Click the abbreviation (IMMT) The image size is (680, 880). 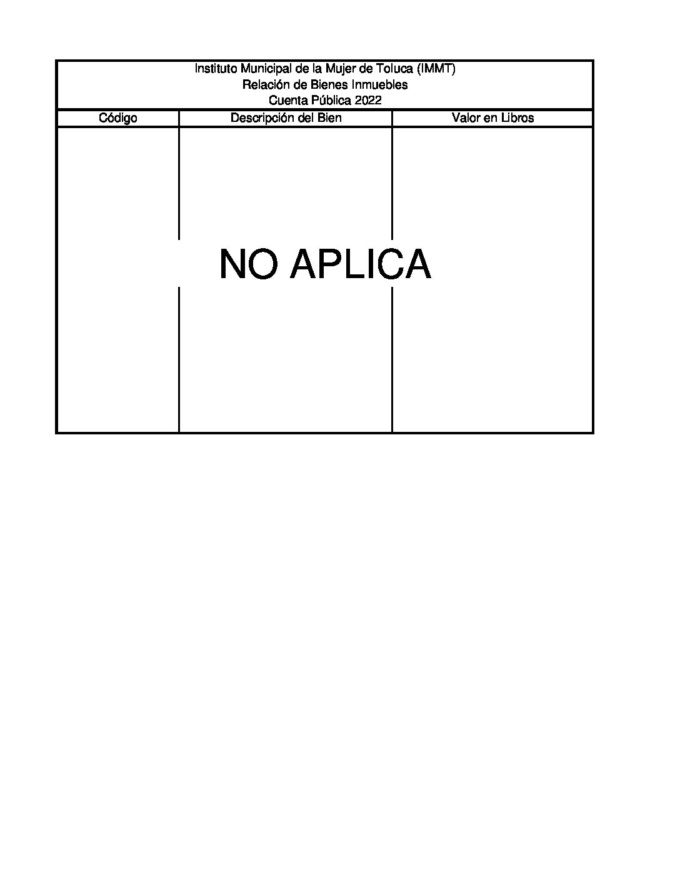436,69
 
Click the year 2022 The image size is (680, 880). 368,100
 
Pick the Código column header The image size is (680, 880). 118,118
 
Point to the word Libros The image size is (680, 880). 517,117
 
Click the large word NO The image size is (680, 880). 249,264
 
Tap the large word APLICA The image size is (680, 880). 361,264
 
